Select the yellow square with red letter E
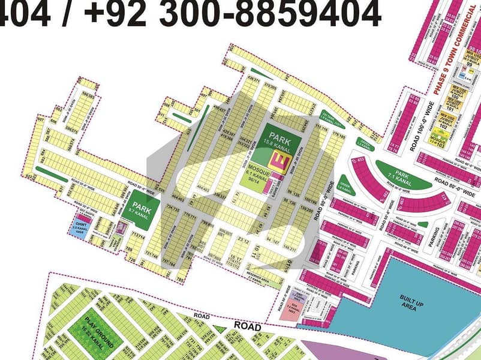[x=279, y=160]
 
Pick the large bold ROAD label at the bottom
[x=246, y=327]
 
